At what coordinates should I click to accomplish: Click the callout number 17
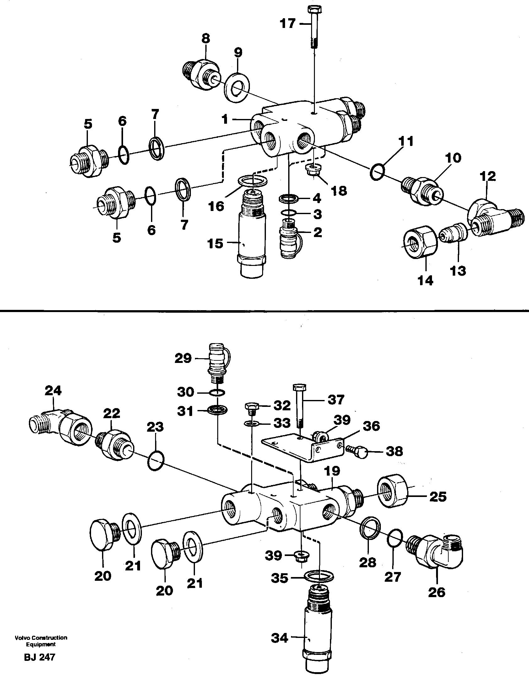(x=288, y=24)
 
